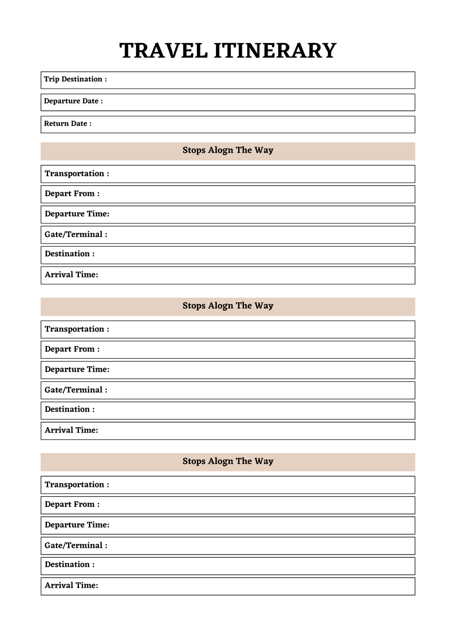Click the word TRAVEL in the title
[x=163, y=51]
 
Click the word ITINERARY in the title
[x=275, y=51]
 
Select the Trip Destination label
[x=75, y=79]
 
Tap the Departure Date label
[x=73, y=101]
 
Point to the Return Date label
[x=68, y=124]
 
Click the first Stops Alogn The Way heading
[x=228, y=150]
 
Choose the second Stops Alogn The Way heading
[x=228, y=306]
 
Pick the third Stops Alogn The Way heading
[x=228, y=462]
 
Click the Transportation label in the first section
[x=77, y=174]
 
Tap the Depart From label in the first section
[x=72, y=194]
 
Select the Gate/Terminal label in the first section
[x=76, y=235]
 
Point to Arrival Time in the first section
[x=71, y=275]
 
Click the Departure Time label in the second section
[x=77, y=369]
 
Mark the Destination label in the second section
[x=69, y=409]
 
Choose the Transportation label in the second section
[x=77, y=329]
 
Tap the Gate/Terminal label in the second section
[x=76, y=390]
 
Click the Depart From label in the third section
[x=72, y=504]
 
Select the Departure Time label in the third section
[x=77, y=525]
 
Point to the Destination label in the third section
[x=69, y=564]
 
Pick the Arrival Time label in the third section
[x=71, y=585]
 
